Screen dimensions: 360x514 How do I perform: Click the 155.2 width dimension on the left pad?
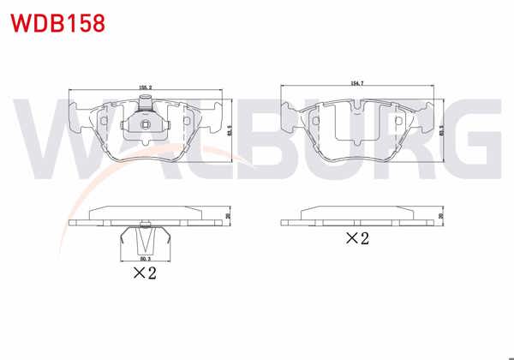(146, 87)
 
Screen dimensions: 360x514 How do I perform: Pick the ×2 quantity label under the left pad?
(143, 273)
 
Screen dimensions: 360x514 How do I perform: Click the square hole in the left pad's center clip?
(146, 129)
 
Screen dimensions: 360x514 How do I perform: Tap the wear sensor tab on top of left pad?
(146, 107)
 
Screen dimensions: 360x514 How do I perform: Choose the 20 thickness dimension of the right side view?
(440, 218)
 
